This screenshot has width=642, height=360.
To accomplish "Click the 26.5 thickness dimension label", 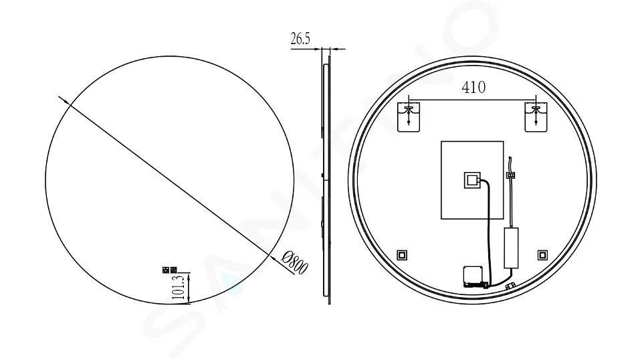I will [300, 39].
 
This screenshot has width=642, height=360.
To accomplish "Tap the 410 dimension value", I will [473, 87].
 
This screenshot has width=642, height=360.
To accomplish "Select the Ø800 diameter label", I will [294, 262].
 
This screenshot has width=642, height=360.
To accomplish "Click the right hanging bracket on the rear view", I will [536, 116].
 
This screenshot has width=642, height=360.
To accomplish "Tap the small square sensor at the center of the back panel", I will [472, 179].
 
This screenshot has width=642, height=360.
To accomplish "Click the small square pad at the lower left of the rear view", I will [402, 254].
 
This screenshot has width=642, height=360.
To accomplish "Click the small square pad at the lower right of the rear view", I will [542, 254].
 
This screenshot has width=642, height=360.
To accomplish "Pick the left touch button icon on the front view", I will [165, 270].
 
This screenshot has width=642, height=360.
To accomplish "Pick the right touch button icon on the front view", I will [173, 270].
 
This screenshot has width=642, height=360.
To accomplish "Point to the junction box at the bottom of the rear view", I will [473, 275].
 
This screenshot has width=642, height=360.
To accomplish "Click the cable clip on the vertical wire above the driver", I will [511, 175].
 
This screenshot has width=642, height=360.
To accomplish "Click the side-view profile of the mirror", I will [326, 181].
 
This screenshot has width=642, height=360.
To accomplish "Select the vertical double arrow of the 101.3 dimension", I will [189, 288].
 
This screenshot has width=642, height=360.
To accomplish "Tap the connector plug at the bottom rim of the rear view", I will [510, 286].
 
